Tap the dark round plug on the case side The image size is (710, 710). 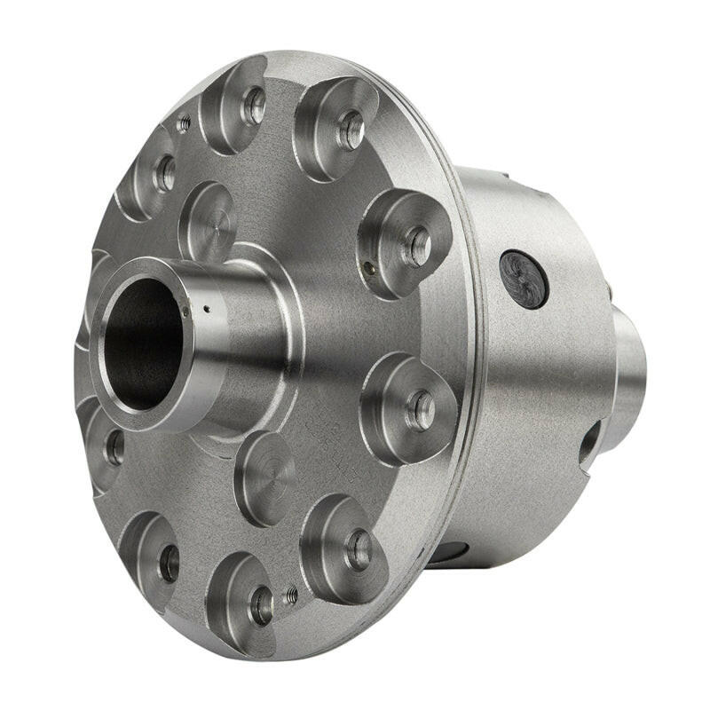(523, 278)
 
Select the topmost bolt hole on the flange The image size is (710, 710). (255, 107)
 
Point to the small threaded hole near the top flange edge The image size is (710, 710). (184, 124)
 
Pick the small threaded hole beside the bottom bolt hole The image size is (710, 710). (290, 596)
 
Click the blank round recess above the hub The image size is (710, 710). (209, 222)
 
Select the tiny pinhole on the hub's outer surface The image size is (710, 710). (206, 310)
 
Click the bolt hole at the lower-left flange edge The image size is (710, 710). (168, 563)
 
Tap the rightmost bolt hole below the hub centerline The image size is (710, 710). (420, 409)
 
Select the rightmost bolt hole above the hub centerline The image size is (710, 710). (416, 245)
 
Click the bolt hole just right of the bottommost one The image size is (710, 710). (359, 549)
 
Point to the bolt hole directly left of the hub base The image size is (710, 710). (114, 448)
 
